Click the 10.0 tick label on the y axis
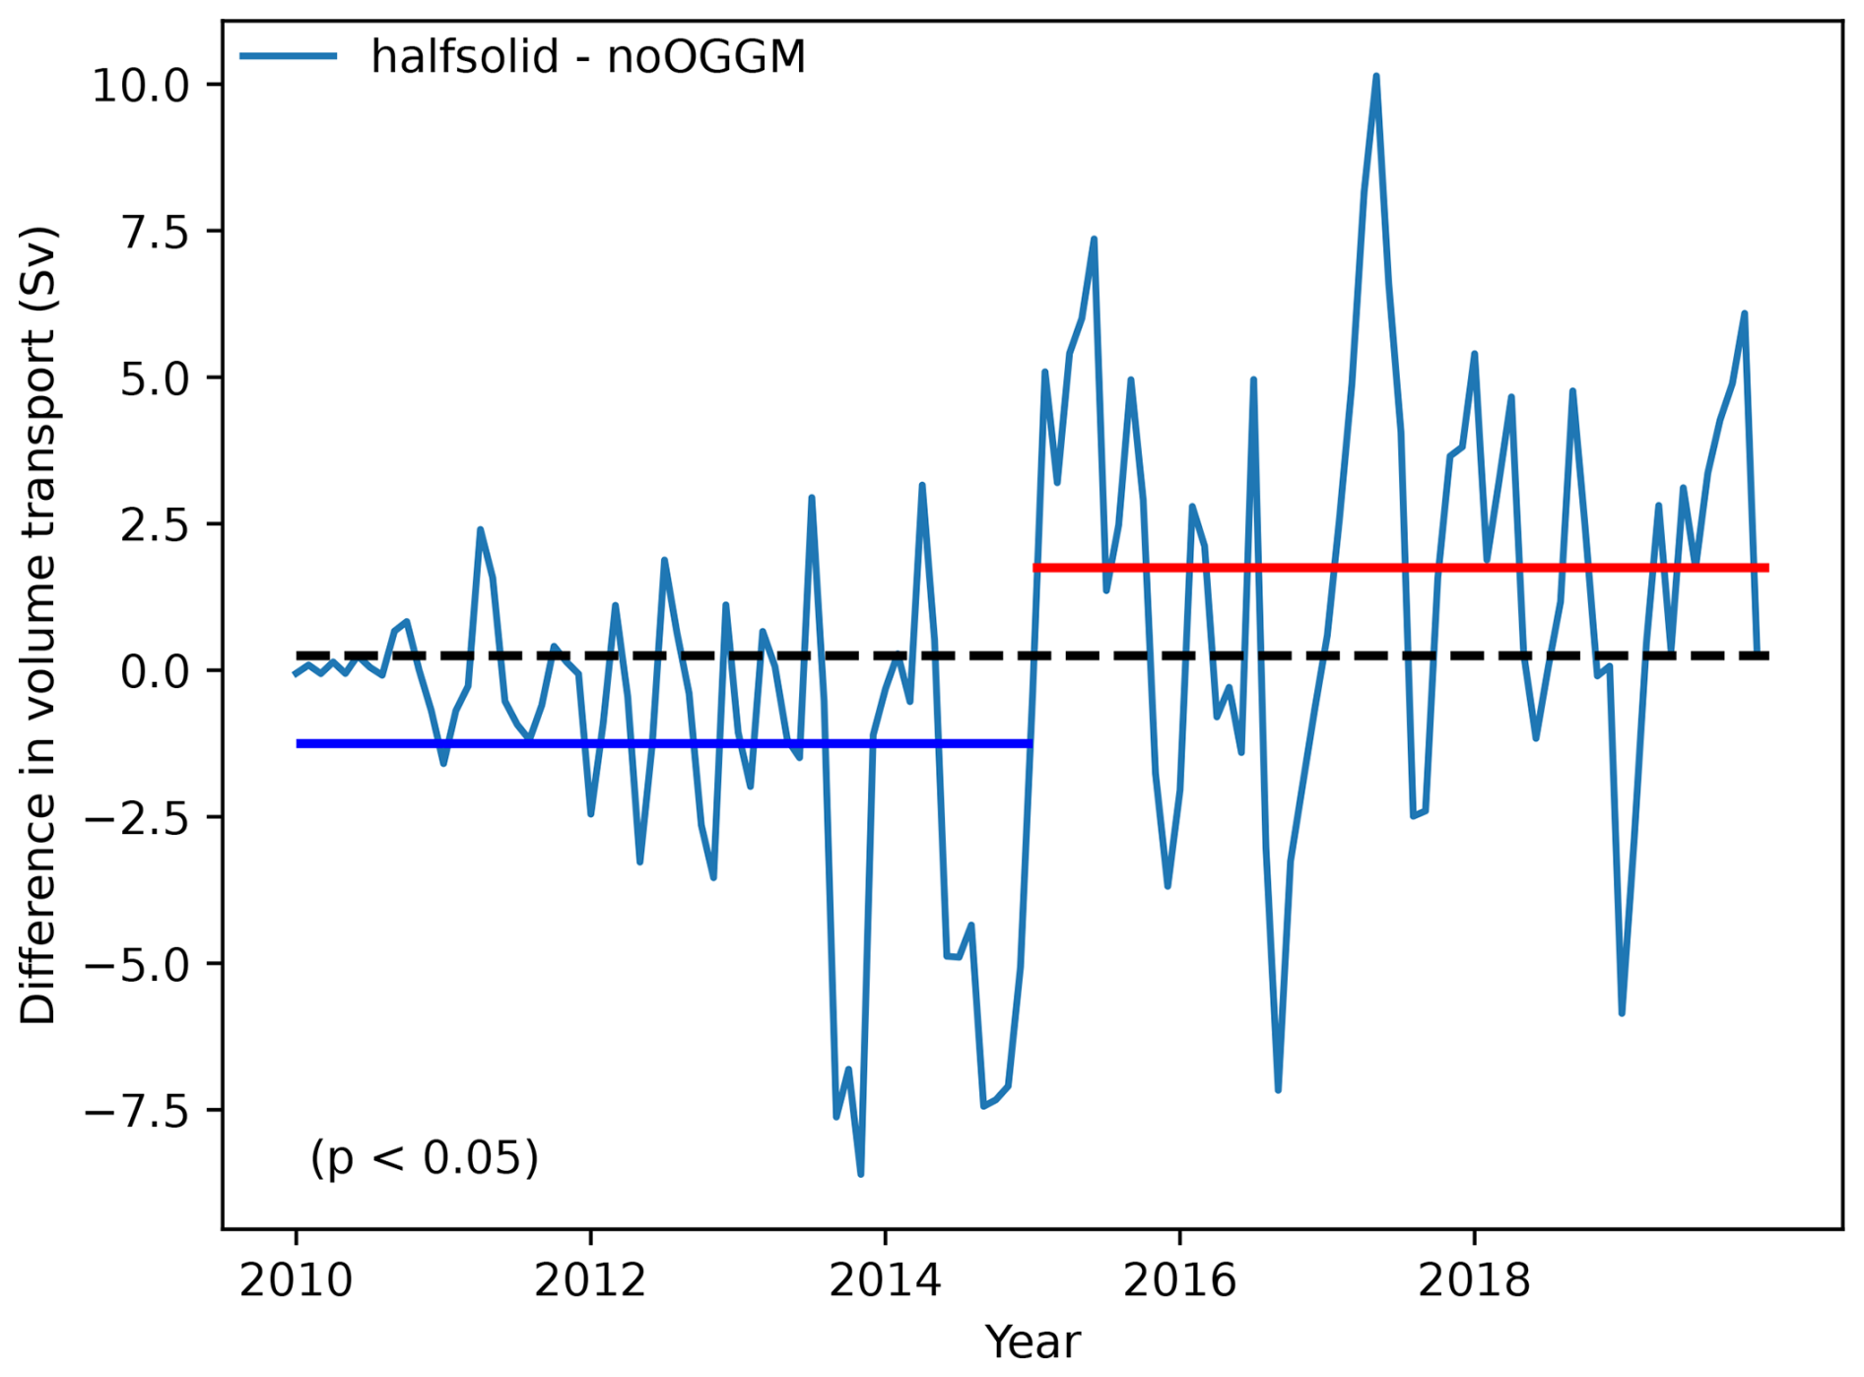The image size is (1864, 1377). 140,86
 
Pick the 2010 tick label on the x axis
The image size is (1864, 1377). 296,1280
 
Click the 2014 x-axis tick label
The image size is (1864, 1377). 885,1280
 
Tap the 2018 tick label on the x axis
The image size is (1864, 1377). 1474,1280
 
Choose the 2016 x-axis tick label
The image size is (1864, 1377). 1179,1280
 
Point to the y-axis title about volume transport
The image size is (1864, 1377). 39,626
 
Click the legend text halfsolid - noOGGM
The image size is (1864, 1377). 588,57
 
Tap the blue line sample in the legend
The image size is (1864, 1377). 289,56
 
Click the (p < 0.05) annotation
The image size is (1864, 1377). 425,1157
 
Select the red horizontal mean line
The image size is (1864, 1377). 1399,568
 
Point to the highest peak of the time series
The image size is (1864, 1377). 1375,77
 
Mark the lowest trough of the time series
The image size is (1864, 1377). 861,1173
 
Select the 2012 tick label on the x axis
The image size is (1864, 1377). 590,1280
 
